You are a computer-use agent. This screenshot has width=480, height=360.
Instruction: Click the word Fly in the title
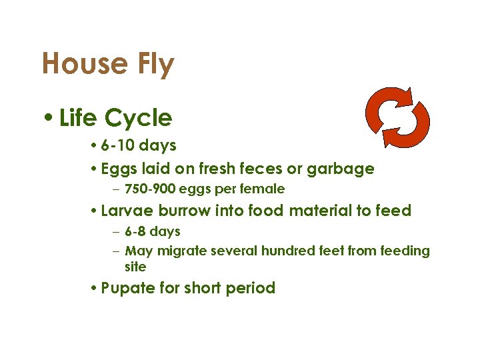(155, 65)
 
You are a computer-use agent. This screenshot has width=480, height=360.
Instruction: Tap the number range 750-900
(149, 189)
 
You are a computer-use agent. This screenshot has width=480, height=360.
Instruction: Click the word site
(135, 267)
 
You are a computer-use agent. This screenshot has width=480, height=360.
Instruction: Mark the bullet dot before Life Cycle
(50, 119)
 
